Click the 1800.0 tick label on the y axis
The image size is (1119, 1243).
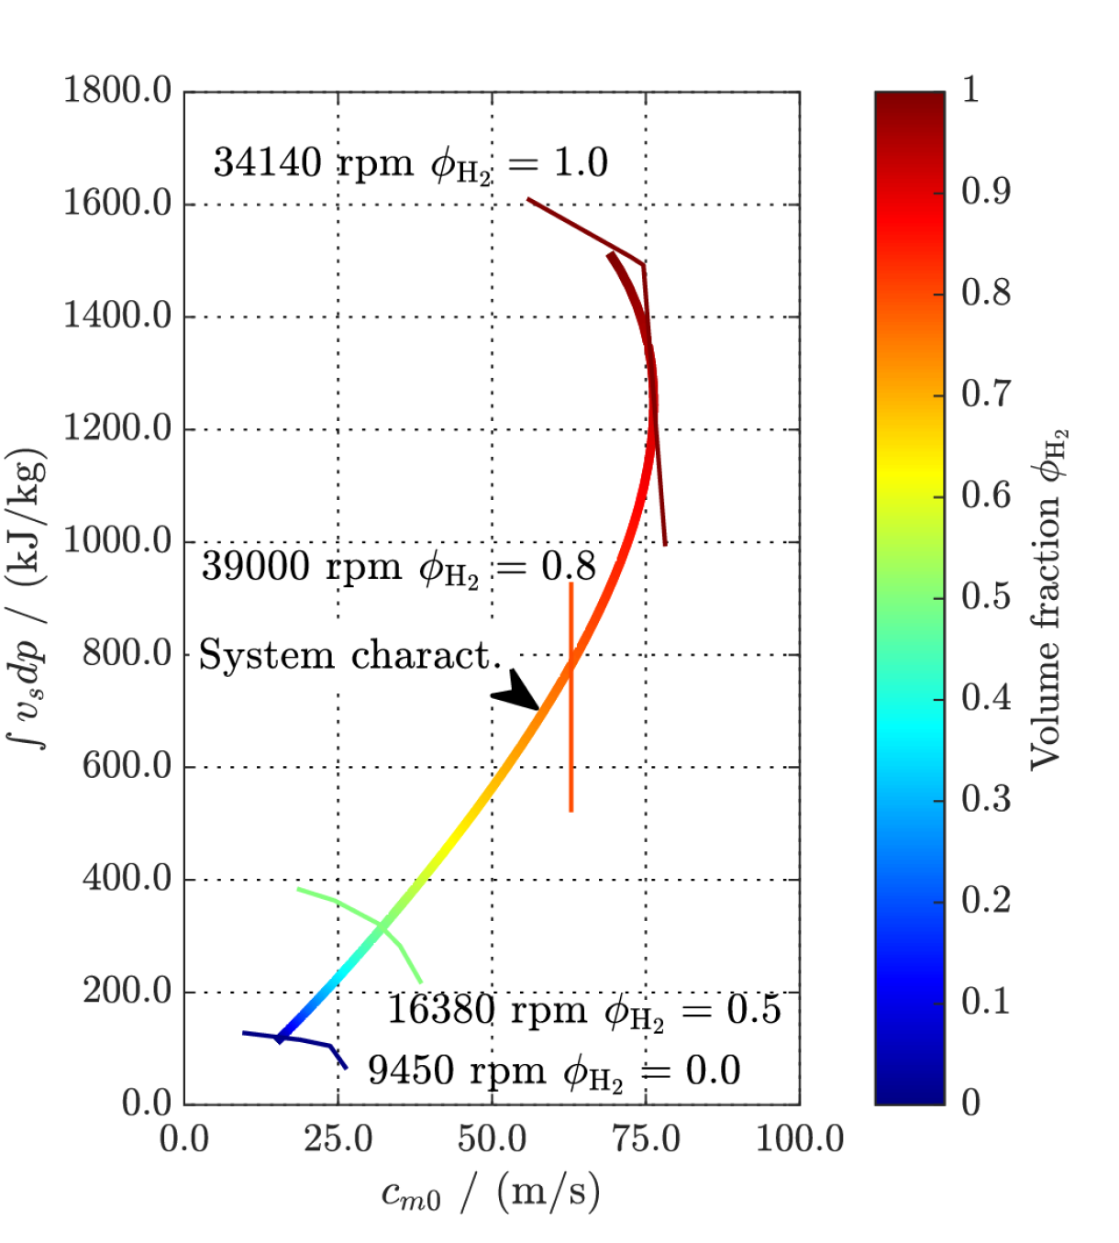click(117, 92)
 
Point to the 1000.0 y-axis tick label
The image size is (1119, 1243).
click(117, 541)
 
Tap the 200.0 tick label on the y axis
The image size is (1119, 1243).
click(127, 992)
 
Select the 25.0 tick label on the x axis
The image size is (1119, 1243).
click(338, 1139)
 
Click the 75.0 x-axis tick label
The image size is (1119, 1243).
click(646, 1139)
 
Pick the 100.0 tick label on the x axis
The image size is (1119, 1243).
click(800, 1139)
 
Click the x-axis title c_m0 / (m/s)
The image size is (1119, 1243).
click(491, 1193)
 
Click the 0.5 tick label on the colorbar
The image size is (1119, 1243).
click(985, 596)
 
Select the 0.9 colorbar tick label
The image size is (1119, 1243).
click(985, 191)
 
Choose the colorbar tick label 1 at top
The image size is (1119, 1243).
click(970, 90)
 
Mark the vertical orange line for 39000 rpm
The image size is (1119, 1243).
click(571, 761)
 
